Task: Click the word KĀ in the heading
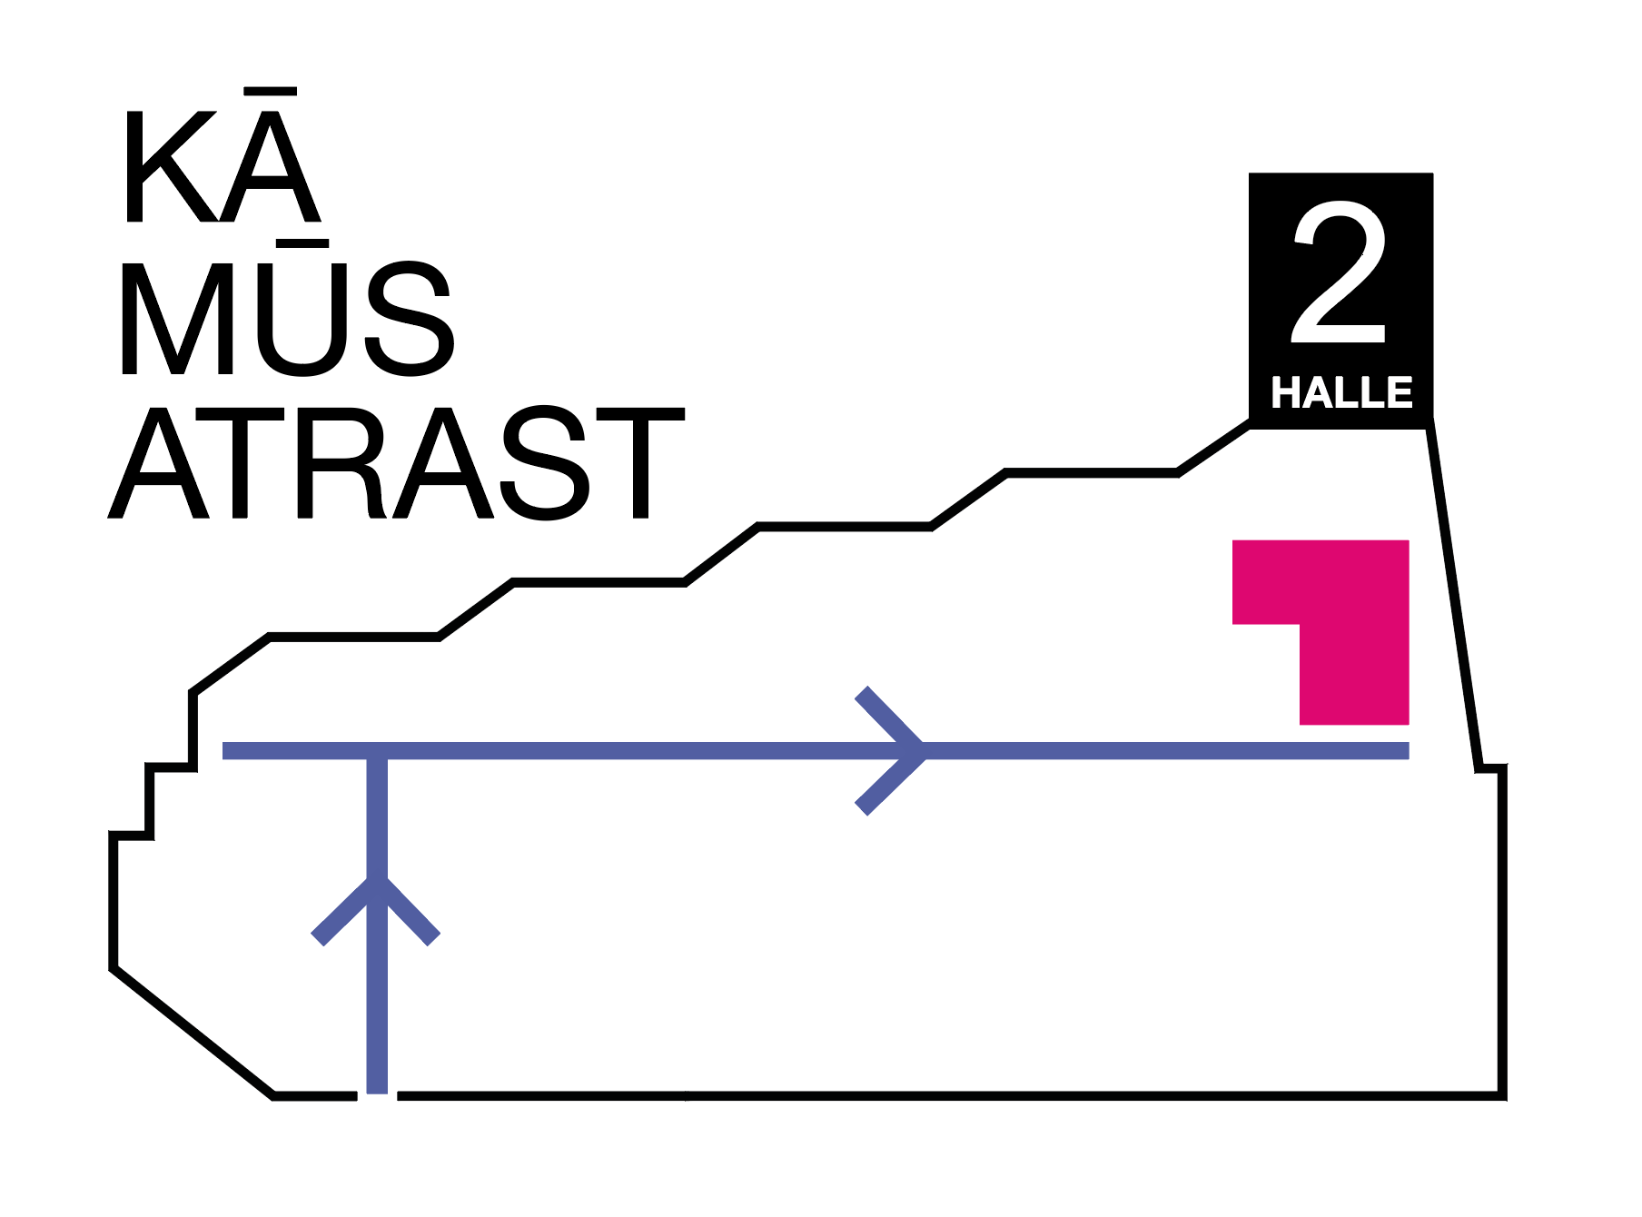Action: pos(223,155)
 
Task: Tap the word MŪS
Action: pos(286,308)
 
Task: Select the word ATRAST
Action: pos(396,463)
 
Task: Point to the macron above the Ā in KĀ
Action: pos(271,91)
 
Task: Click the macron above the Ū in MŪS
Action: pos(303,243)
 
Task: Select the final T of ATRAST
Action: pos(640,463)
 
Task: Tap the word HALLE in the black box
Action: pos(1341,392)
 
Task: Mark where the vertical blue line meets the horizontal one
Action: pos(377,750)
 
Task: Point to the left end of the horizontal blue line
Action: pos(224,750)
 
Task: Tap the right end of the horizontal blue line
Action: pos(1408,750)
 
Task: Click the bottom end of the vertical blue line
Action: pos(377,1092)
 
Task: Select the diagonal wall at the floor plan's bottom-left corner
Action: pos(193,1033)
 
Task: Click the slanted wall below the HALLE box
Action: pos(1453,596)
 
